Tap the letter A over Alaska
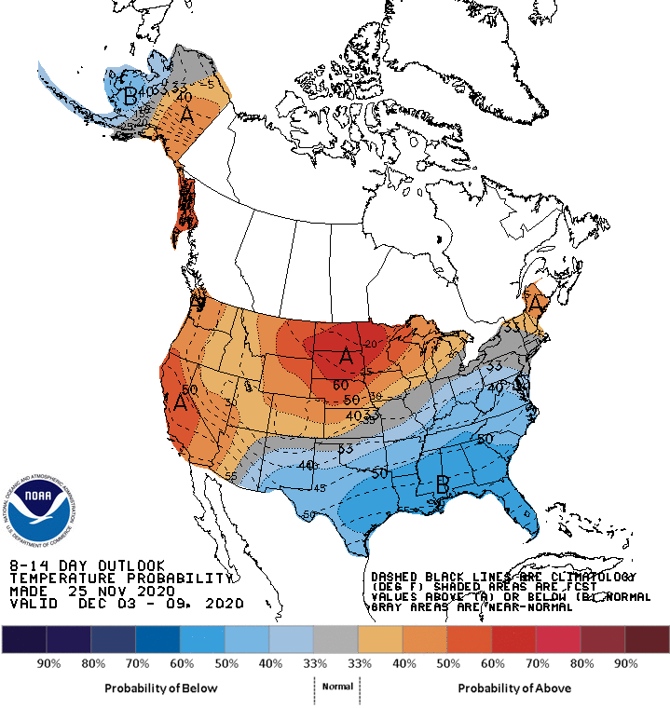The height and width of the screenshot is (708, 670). pyautogui.click(x=187, y=116)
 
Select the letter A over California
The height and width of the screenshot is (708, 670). pyautogui.click(x=180, y=403)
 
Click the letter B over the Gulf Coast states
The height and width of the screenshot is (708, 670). pyautogui.click(x=444, y=483)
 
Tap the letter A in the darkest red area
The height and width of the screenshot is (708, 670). pyautogui.click(x=347, y=355)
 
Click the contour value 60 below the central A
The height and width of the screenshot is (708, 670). pyautogui.click(x=340, y=384)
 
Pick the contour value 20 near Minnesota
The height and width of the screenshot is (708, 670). pyautogui.click(x=371, y=345)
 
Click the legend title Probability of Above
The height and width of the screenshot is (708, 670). pyautogui.click(x=514, y=688)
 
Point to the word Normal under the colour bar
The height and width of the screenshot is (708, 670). pyautogui.click(x=336, y=686)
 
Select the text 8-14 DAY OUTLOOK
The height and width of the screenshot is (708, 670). pyautogui.click(x=87, y=565)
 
